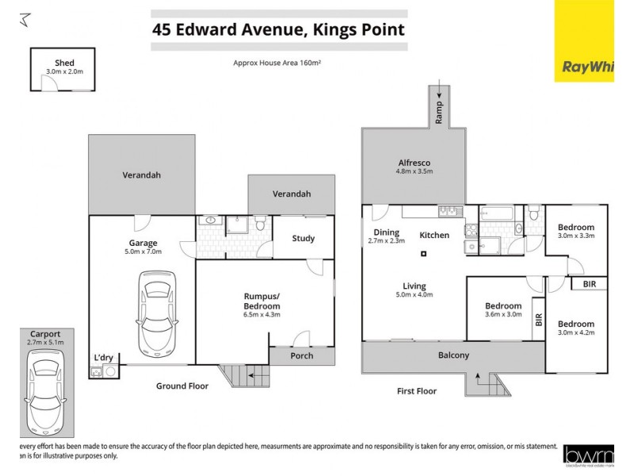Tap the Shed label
(64, 62)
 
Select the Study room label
(303, 238)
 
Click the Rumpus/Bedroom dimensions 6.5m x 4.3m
(262, 315)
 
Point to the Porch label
(301, 356)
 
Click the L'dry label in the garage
(103, 357)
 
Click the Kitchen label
(434, 236)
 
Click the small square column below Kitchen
(424, 254)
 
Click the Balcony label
(454, 355)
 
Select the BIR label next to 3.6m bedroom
(539, 320)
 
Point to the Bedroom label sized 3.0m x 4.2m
(576, 324)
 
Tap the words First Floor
(416, 391)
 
